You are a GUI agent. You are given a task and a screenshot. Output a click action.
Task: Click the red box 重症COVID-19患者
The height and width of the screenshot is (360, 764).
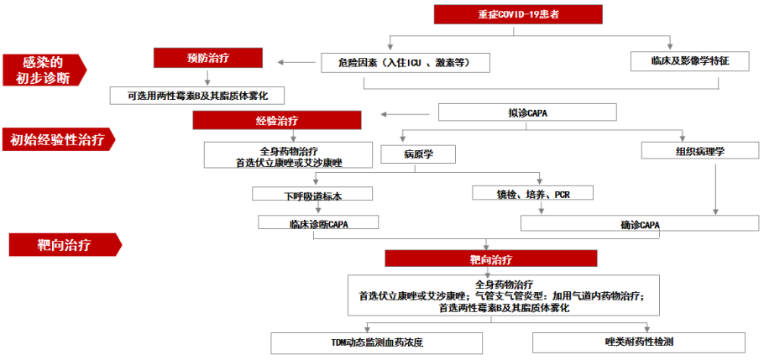(x=517, y=14)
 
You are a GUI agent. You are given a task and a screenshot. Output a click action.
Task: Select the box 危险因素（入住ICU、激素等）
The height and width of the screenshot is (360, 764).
(x=406, y=62)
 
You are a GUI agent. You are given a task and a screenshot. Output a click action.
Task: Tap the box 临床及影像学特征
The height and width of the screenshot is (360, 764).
(x=689, y=61)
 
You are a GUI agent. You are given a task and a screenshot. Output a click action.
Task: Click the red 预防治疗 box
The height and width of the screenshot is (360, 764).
(x=208, y=58)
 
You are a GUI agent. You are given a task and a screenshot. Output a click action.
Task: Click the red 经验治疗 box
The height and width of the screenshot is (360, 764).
(x=276, y=121)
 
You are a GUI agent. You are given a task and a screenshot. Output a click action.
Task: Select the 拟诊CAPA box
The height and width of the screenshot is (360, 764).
(x=527, y=112)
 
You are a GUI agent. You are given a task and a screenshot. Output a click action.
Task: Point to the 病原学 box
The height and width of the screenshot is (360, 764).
(x=417, y=154)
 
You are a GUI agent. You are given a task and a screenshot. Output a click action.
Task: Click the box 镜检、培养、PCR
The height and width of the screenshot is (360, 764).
(x=533, y=194)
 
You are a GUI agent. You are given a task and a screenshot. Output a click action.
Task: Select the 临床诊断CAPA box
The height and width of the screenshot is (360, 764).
(x=318, y=223)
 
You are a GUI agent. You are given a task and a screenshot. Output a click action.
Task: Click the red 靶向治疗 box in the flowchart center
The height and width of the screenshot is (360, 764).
(x=490, y=258)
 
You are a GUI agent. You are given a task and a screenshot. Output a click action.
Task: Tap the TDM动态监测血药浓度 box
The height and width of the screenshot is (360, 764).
(x=376, y=342)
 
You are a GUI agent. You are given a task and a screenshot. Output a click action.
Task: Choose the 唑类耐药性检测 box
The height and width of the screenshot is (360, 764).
(x=638, y=342)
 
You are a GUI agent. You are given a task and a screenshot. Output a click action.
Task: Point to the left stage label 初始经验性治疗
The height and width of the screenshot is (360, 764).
(x=57, y=140)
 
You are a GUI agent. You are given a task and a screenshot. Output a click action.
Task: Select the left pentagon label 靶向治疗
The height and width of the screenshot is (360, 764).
(x=63, y=245)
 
